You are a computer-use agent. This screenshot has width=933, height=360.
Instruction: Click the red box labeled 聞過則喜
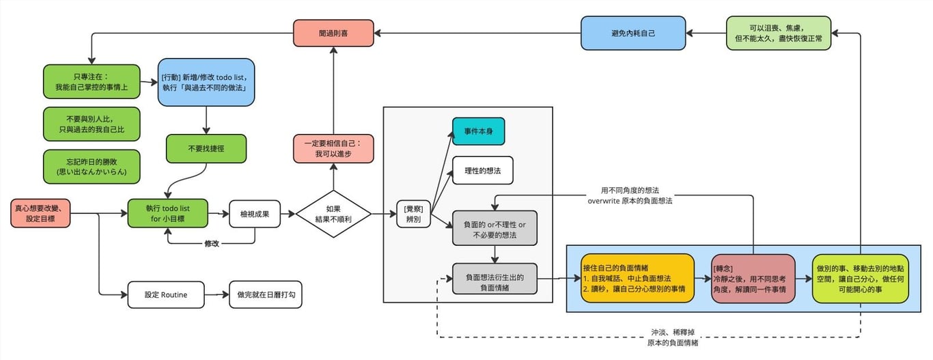334,33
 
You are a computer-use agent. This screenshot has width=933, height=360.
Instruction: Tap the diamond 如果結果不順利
333,214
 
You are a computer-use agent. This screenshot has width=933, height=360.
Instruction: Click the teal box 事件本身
478,131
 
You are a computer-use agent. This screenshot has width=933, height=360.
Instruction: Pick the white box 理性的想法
482,171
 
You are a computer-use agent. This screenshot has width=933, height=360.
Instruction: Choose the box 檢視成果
255,214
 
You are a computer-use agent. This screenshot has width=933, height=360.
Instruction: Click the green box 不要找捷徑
206,148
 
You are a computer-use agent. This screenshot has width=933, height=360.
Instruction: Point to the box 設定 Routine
166,294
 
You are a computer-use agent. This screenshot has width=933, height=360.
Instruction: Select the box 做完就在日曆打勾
266,294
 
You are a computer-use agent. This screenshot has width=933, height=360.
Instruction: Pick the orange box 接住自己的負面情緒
637,278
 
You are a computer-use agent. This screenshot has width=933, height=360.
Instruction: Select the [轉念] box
753,278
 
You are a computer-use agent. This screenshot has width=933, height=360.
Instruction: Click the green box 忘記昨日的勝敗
92,166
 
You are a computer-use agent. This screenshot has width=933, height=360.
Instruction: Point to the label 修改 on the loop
212,243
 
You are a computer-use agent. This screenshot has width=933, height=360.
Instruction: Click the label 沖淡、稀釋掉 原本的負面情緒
673,337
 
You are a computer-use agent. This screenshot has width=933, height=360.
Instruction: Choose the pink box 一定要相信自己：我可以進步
334,149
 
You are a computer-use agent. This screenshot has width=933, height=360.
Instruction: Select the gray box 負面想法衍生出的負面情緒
495,279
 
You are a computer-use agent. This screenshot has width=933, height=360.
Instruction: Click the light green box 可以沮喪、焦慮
778,33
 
